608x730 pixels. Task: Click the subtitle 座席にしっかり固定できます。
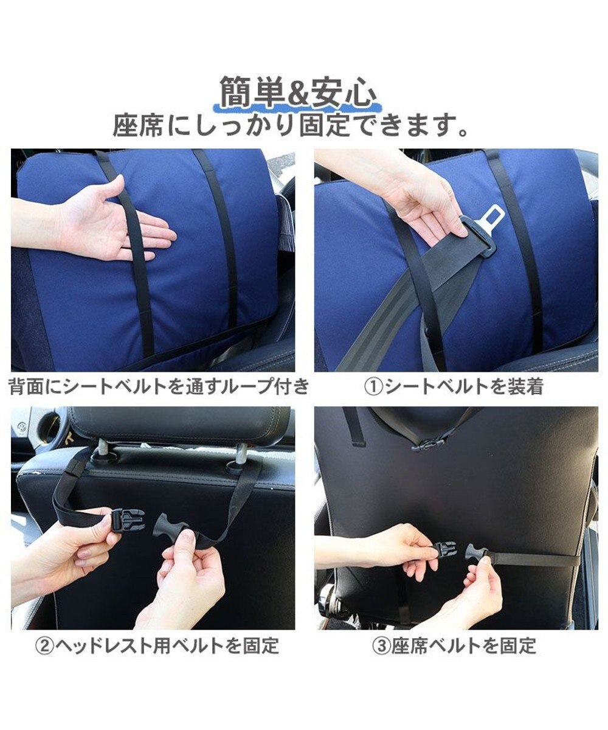pyautogui.click(x=291, y=126)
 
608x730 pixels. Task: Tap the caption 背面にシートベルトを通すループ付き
pyautogui.click(x=159, y=387)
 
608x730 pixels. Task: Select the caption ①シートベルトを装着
pyautogui.click(x=453, y=387)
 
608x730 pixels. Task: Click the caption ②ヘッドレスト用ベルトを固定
pyautogui.click(x=157, y=645)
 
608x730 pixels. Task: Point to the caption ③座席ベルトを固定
pyautogui.click(x=454, y=645)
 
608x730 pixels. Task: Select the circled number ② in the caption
pyautogui.click(x=46, y=645)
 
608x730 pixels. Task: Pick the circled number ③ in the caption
pyautogui.click(x=382, y=645)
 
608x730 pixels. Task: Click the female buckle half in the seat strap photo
pyautogui.click(x=445, y=548)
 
